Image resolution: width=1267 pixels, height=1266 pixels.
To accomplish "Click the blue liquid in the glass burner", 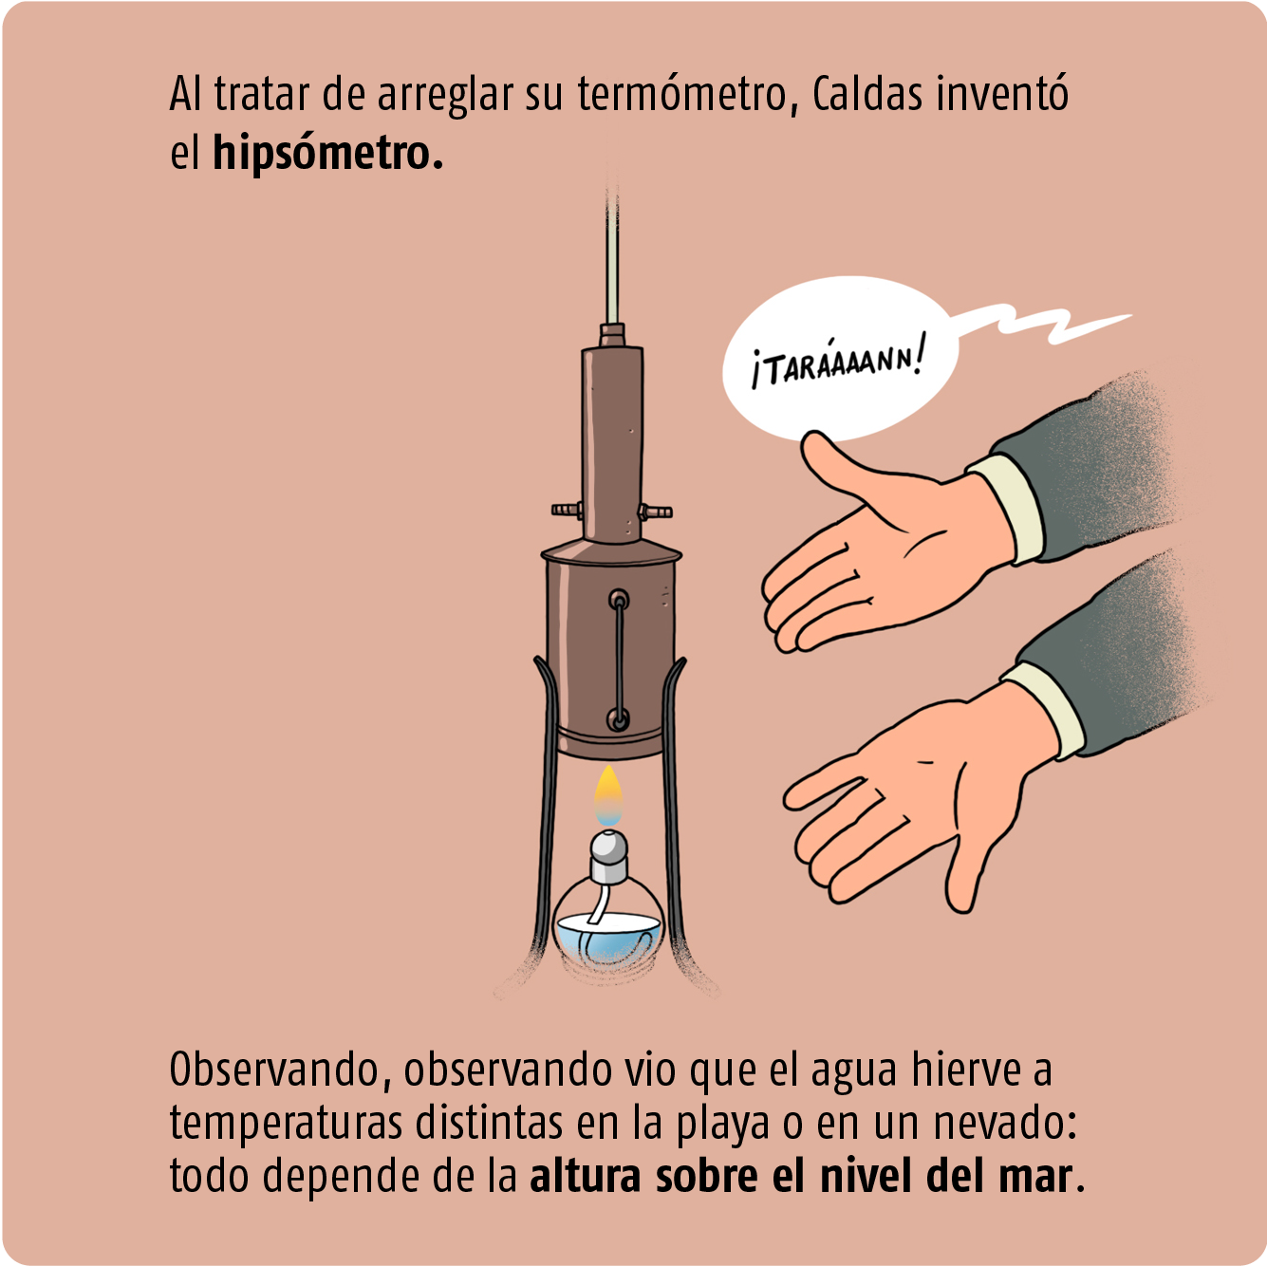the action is tap(606, 939).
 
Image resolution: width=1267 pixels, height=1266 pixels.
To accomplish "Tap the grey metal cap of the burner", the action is tap(609, 856).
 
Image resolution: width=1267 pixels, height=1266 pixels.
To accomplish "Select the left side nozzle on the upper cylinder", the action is tap(567, 510).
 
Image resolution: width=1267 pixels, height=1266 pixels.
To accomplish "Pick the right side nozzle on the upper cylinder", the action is tap(656, 511).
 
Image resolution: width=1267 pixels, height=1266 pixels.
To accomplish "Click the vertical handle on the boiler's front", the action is tap(618, 660).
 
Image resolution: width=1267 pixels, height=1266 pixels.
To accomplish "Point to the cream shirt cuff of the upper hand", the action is tap(1005, 509).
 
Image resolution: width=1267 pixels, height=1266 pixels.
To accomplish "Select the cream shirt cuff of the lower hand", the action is tap(1043, 710).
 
